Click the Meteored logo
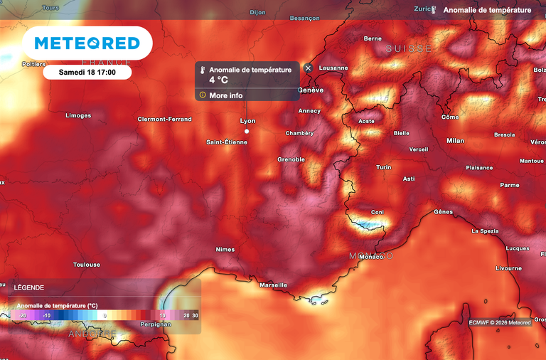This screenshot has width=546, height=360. coord(88,43)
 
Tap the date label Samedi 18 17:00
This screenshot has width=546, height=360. coord(87,73)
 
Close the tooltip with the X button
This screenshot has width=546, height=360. coord(308,68)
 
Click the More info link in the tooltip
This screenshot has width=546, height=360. coord(225,95)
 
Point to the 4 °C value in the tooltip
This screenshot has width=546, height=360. coord(218,80)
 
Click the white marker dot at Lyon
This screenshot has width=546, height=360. coord(247,131)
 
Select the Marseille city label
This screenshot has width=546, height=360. coord(274,285)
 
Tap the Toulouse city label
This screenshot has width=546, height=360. coord(87,265)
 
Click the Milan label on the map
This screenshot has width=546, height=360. coord(455,141)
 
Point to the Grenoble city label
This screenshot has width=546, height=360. coord(291,159)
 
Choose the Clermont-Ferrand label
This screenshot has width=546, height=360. coord(164,119)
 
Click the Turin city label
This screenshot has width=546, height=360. coord(384,167)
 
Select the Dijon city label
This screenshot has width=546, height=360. coord(257,13)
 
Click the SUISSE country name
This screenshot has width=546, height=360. coord(409,48)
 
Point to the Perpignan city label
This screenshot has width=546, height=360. coord(156,324)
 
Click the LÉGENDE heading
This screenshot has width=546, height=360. coord(29,287)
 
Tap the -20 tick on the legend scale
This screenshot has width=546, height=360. coord(22,314)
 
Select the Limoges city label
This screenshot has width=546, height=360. coord(78,115)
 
